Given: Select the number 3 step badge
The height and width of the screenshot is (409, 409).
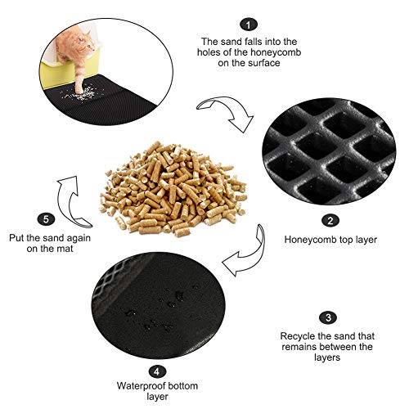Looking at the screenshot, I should pos(327,317).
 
